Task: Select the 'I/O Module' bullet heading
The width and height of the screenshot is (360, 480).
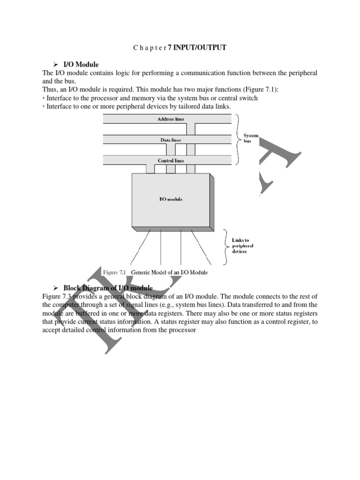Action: pos(81,64)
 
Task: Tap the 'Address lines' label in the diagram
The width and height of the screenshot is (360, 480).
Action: pos(171,119)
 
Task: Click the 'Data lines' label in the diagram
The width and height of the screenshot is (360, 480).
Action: pos(171,140)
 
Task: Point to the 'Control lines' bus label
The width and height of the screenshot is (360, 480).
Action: pos(171,160)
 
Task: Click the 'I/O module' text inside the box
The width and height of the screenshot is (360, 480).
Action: pos(171,199)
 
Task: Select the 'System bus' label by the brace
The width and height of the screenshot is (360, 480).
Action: pos(251,138)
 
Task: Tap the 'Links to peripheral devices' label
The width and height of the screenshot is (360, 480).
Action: pos(242,246)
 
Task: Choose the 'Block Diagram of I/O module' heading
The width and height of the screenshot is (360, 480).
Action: pos(108,287)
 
